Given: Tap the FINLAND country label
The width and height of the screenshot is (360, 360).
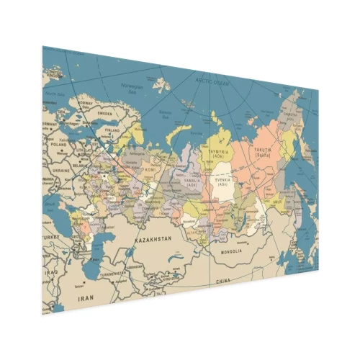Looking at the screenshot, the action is click(x=112, y=131).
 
